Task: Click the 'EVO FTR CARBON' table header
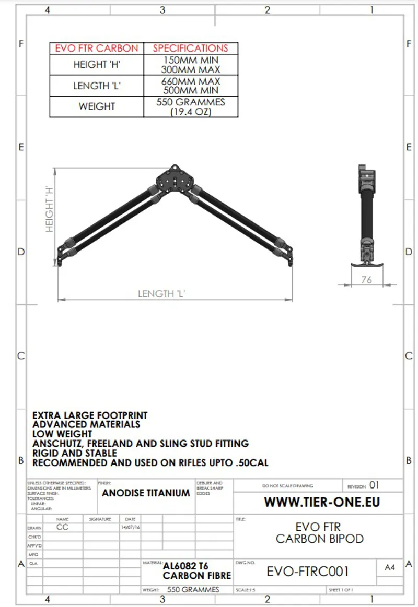click(x=97, y=49)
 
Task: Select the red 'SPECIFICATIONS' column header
click(x=190, y=49)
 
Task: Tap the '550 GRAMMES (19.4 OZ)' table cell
click(x=190, y=107)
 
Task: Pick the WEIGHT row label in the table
click(x=97, y=106)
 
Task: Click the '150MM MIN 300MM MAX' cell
click(x=190, y=65)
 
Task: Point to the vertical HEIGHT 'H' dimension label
click(x=50, y=208)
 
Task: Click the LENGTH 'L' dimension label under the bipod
click(x=162, y=294)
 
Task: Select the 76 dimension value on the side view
click(x=367, y=280)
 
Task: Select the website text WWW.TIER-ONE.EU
click(x=322, y=502)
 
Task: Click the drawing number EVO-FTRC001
click(x=307, y=572)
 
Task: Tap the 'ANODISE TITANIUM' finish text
click(x=146, y=493)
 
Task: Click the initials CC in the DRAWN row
click(x=62, y=527)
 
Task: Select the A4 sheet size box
click(x=390, y=568)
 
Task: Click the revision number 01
click(x=374, y=485)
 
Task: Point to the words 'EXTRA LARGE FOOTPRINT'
click(x=90, y=415)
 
